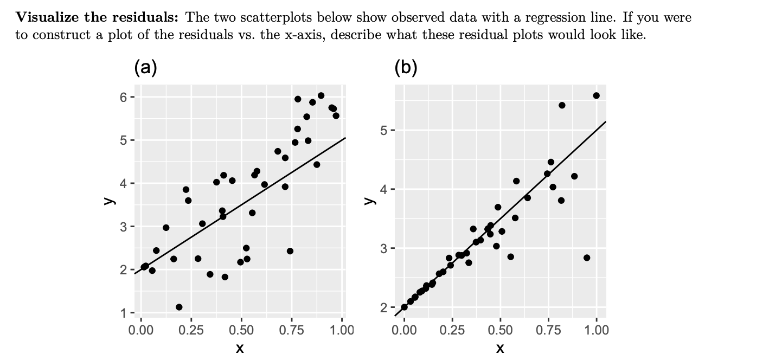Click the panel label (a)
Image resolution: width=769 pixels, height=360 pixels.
point(146,68)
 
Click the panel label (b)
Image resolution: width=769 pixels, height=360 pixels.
point(406,68)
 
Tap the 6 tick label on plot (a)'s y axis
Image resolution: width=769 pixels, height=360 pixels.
point(124,98)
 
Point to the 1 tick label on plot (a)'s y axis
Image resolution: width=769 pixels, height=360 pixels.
point(124,313)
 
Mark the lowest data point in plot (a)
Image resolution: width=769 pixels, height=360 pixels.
point(179,307)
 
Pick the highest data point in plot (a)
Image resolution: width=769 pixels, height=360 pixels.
point(321,95)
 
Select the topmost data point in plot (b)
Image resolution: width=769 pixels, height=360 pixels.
point(597,95)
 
